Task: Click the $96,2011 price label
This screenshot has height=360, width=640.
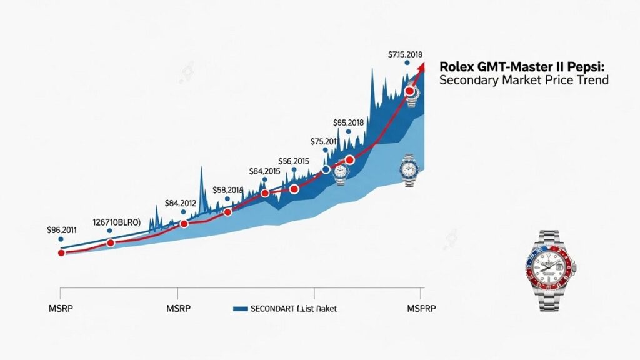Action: point(61,229)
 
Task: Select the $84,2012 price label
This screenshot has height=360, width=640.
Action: point(181,203)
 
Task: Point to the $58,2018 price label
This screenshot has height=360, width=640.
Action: point(227,190)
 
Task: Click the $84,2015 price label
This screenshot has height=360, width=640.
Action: point(264,171)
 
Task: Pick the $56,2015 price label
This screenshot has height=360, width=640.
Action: point(294,161)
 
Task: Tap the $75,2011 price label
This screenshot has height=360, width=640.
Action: point(324,141)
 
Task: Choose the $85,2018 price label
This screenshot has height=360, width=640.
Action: point(348,122)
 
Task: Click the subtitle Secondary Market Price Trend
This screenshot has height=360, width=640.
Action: point(524,81)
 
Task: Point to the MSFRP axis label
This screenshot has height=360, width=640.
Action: point(422,308)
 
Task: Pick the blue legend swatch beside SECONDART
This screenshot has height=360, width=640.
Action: point(240,309)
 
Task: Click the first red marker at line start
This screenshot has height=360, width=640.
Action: point(61,253)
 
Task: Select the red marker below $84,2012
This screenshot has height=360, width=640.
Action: point(184,224)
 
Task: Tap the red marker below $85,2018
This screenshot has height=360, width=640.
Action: point(349,160)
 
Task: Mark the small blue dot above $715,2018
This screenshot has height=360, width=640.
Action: point(407,63)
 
